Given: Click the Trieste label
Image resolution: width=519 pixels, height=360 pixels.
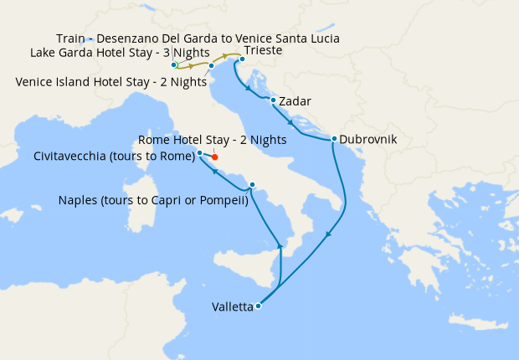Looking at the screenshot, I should pos(263,50).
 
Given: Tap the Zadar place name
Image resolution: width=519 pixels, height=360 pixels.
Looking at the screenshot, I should pos(295,101).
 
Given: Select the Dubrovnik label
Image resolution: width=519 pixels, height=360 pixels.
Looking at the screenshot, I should pos(368,140).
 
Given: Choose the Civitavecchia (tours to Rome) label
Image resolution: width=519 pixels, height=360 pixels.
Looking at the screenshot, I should pos(113,156).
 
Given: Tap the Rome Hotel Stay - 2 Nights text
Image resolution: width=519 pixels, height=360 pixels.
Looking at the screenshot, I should pos(212,140).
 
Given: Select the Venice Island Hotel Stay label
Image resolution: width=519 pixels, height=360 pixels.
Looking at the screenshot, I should pos(110,81).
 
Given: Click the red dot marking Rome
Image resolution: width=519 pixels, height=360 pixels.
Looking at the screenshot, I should pos(214,157).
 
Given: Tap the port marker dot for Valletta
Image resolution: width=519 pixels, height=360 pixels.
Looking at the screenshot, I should pos(258,306).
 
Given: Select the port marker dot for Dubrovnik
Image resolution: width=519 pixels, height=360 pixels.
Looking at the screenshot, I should pos(334,139).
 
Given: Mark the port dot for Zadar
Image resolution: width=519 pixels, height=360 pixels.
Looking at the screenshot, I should pos(273,100).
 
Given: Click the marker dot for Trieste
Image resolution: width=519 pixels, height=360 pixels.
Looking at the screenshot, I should pos(242,59).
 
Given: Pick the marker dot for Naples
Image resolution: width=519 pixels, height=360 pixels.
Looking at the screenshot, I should pos(251,185).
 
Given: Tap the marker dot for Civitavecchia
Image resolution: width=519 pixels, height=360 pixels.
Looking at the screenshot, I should pos(199,153).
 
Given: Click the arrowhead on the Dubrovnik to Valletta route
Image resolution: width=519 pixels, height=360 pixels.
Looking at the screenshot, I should pos(327,234).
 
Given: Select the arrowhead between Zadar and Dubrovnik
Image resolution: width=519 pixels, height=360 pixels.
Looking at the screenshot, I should pos(290,123).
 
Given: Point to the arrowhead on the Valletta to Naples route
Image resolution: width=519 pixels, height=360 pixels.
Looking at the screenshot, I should pos(280,244).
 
